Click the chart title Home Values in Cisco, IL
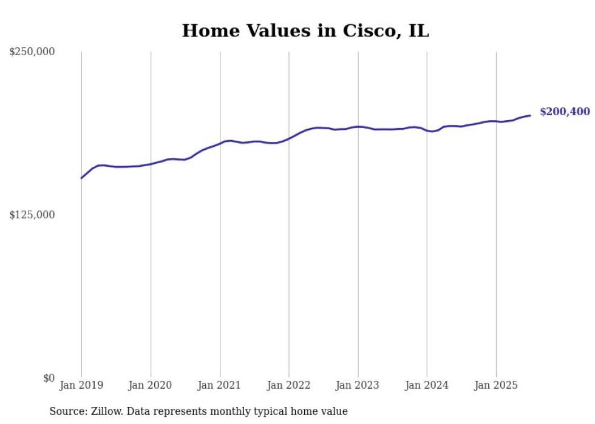click(305, 31)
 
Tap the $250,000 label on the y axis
click(32, 52)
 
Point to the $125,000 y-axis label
click(32, 215)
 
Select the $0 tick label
click(49, 378)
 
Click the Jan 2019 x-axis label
click(81, 385)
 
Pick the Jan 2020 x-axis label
click(151, 385)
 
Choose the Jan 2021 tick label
click(220, 385)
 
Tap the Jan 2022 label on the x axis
click(289, 385)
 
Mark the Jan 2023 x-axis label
click(358, 385)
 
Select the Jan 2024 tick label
click(427, 385)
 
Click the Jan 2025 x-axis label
click(496, 385)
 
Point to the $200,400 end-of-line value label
click(565, 112)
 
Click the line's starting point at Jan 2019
click(81, 178)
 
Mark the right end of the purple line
click(530, 115)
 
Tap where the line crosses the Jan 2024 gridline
click(427, 130)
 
